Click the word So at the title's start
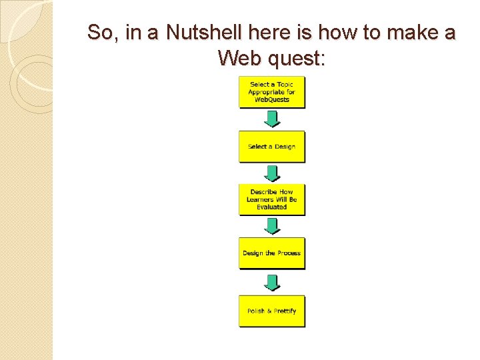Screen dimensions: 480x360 101,33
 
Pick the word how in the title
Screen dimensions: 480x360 337,32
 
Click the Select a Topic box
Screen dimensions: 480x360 272,92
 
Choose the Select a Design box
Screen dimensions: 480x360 272,147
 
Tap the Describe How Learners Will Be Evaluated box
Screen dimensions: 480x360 272,199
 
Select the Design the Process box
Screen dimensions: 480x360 272,253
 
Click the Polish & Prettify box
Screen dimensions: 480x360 272,311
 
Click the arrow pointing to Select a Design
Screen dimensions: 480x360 272,119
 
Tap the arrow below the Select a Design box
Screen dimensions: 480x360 272,173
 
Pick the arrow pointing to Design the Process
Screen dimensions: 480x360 272,226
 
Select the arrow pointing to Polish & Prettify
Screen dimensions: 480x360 272,283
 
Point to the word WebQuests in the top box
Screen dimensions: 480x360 272,99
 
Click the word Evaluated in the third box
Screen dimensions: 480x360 272,207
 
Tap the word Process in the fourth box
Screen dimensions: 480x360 289,253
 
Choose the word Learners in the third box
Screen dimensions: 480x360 260,199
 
